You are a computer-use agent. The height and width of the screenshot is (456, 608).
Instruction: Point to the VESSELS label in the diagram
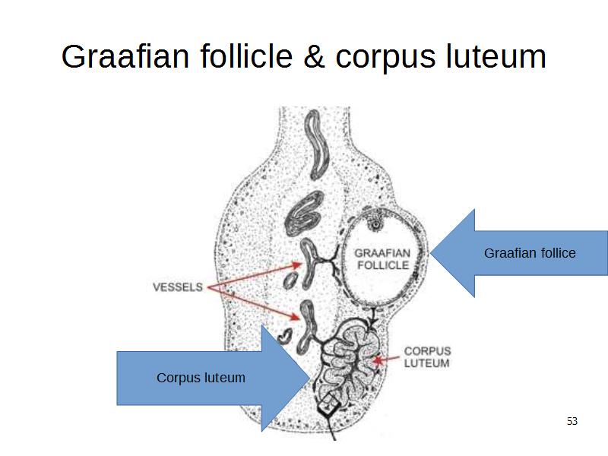pos(178,287)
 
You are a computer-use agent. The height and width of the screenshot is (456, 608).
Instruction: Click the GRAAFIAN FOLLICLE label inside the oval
pos(383,258)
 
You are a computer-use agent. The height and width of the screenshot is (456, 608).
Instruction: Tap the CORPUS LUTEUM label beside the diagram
pos(426,357)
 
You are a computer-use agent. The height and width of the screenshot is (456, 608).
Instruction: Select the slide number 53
pos(572,421)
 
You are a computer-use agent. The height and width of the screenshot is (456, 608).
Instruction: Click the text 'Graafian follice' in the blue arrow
pos(530,252)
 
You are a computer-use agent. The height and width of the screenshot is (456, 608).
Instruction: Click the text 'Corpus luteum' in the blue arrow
pos(201,377)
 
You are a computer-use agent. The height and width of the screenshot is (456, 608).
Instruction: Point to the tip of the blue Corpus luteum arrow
pos(310,378)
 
